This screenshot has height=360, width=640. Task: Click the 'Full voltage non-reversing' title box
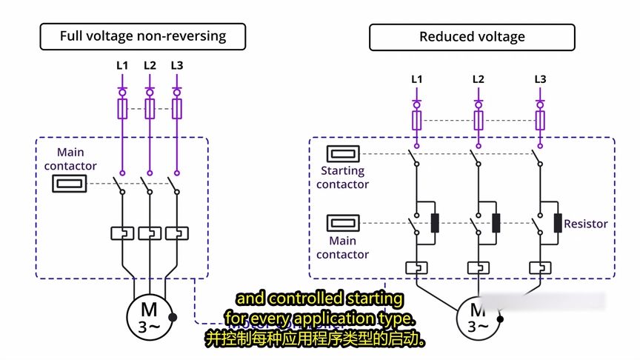142,36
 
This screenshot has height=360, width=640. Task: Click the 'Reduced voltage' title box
472,37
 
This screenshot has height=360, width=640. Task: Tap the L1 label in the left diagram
122,65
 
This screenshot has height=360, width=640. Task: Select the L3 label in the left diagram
177,65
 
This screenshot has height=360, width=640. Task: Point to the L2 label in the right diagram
478,79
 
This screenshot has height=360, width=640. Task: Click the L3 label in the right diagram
540,79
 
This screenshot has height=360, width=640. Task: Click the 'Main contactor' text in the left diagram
70,159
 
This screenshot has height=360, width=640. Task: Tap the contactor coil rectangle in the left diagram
70,183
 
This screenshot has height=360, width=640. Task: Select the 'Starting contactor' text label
342,178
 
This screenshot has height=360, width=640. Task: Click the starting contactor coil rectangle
344,154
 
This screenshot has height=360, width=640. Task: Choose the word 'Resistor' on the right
585,224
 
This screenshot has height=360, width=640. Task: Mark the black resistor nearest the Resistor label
557,222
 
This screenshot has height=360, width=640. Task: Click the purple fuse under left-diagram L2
150,110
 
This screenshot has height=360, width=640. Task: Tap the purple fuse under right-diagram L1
417,121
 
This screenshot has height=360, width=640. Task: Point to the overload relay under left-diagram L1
122,233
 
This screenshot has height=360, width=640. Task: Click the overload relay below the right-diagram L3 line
540,267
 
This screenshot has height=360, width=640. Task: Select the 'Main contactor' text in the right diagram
342,247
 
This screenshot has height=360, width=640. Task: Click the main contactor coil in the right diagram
344,221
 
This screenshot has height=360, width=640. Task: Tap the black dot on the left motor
173,317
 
